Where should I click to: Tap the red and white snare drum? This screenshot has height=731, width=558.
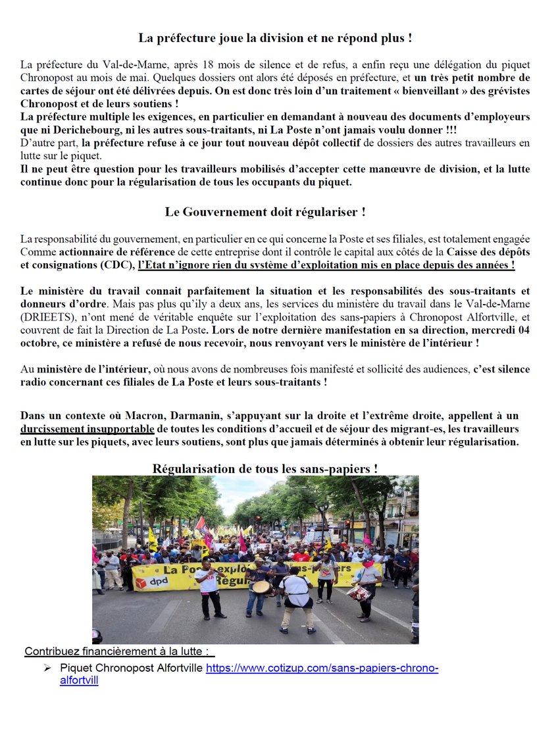tap(359, 592)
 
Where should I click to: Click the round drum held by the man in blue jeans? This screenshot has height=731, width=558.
tap(261, 586)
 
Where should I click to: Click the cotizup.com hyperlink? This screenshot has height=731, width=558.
tap(322, 668)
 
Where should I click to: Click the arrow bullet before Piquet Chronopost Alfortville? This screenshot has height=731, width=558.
tap(47, 668)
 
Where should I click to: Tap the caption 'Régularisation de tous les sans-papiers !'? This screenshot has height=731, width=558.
tap(265, 468)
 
